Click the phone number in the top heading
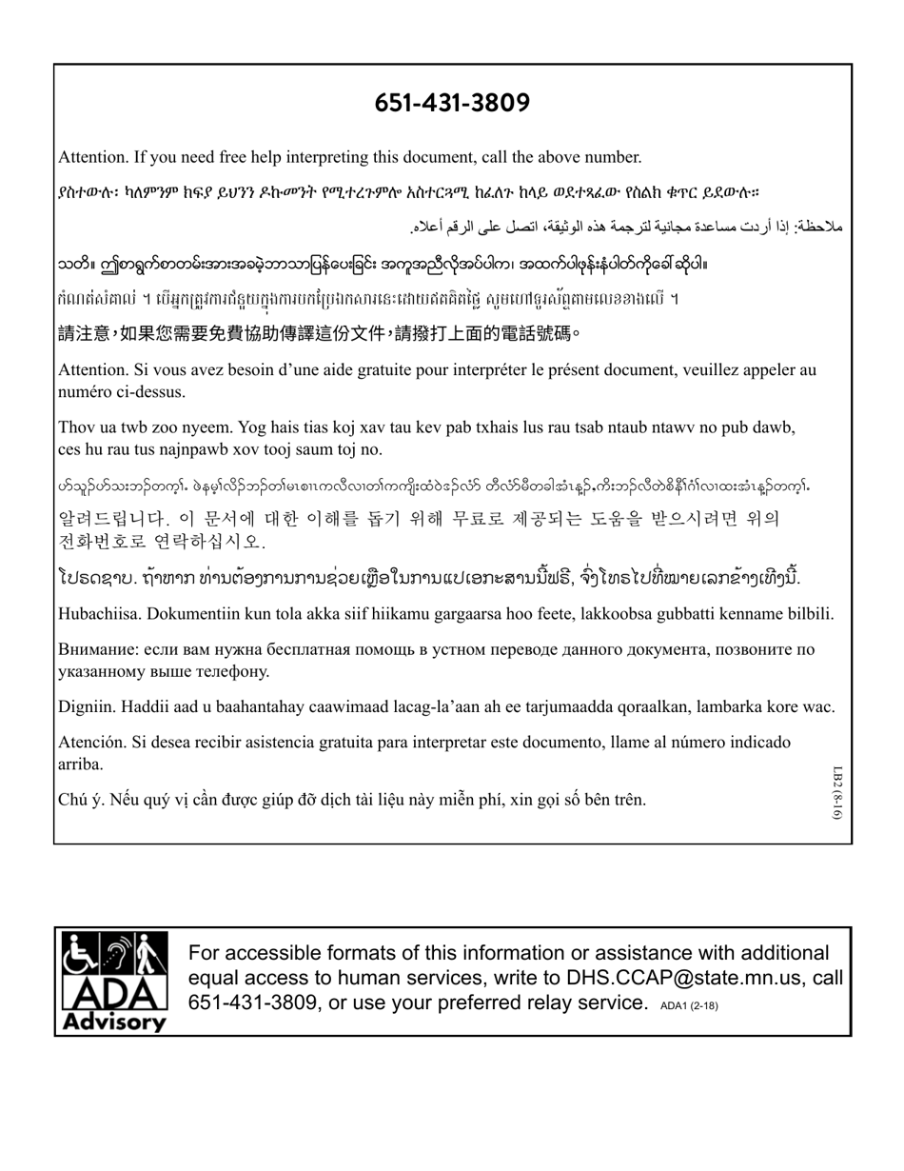[x=452, y=103]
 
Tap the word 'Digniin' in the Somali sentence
[x=87, y=706]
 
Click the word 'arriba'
[x=81, y=764]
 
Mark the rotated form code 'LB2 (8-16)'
[x=837, y=791]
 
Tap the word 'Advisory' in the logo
[x=113, y=1022]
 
